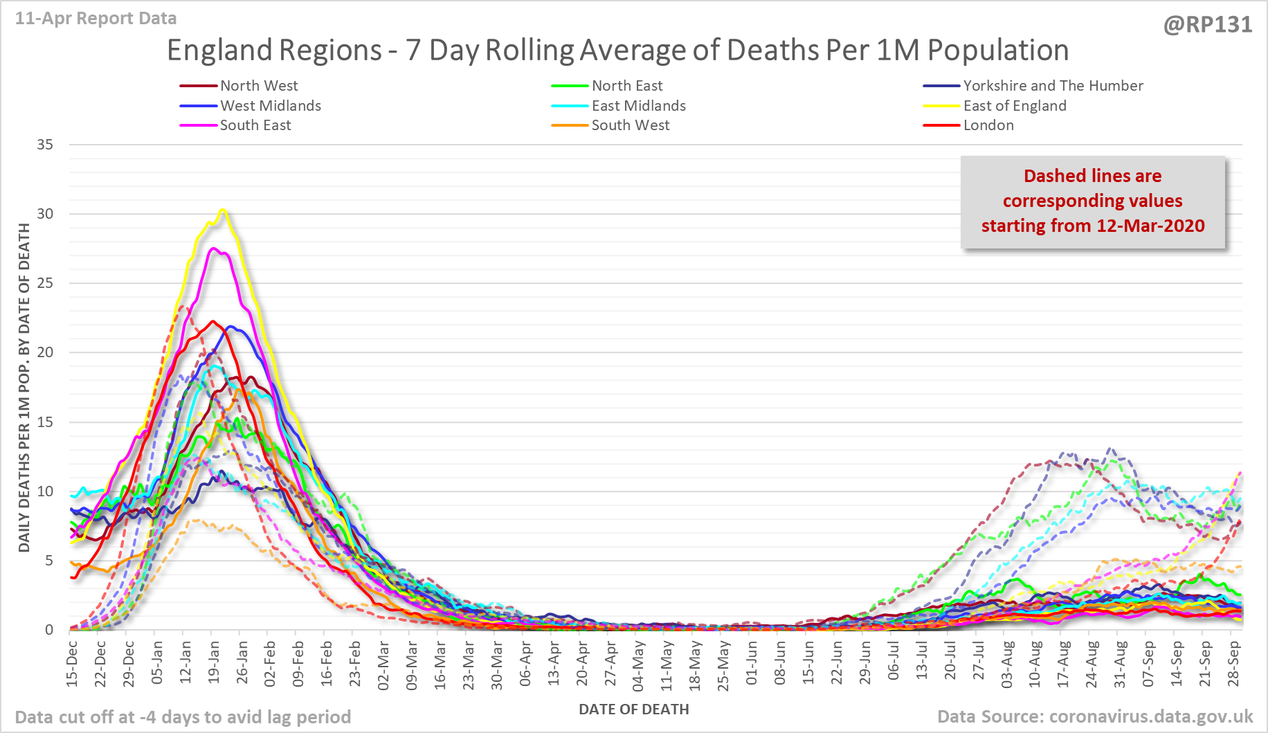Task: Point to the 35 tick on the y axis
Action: (x=45, y=145)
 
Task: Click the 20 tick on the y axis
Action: (x=45, y=352)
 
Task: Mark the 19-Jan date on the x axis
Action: (x=214, y=663)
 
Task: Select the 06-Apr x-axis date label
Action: (x=525, y=663)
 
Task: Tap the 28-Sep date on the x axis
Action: (x=1233, y=663)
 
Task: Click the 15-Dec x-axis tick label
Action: (x=72, y=663)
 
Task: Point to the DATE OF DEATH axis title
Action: (x=633, y=709)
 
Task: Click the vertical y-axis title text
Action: (x=24, y=388)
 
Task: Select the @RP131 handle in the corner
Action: (x=1208, y=25)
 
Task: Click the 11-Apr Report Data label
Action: (x=96, y=19)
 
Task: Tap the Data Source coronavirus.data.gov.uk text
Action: (x=1095, y=716)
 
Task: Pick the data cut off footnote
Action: (x=183, y=717)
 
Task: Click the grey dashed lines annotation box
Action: (x=1092, y=201)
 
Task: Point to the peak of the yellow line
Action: (x=222, y=210)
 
